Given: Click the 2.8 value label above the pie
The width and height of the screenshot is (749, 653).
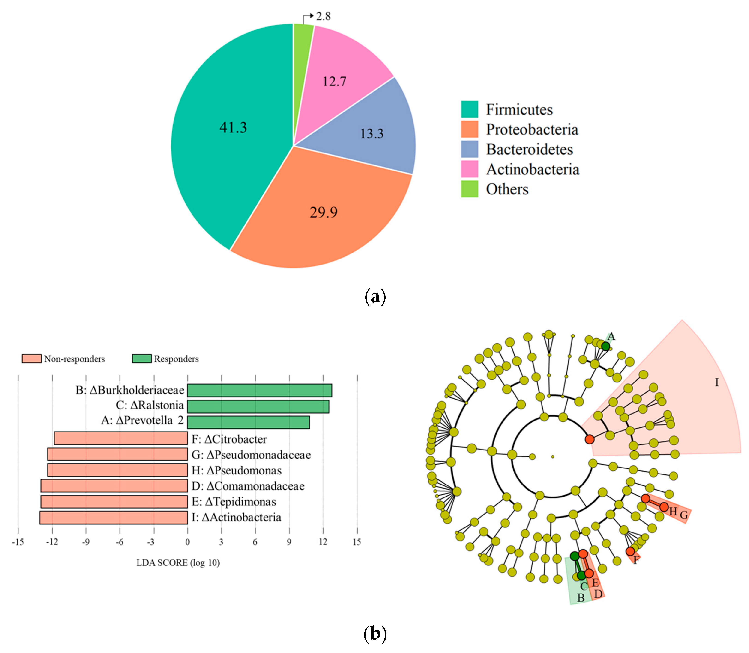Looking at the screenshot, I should pyautogui.click(x=323, y=16).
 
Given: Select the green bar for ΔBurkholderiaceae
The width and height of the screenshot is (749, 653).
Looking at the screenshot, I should pyautogui.click(x=259, y=390).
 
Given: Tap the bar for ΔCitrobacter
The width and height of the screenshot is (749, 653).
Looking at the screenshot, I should pyautogui.click(x=121, y=438).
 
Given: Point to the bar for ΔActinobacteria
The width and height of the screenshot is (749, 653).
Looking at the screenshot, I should pyautogui.click(x=114, y=518).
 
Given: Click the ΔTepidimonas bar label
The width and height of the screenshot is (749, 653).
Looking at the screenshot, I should pyautogui.click(x=234, y=502).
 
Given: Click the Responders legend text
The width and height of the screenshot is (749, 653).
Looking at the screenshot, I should pyautogui.click(x=176, y=359).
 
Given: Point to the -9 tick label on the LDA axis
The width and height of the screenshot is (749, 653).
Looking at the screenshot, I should pyautogui.click(x=86, y=542).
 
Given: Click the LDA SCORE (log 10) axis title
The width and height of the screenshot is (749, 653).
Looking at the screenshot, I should pyautogui.click(x=178, y=563).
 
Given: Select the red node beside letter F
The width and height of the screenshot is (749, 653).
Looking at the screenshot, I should pyautogui.click(x=630, y=551).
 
